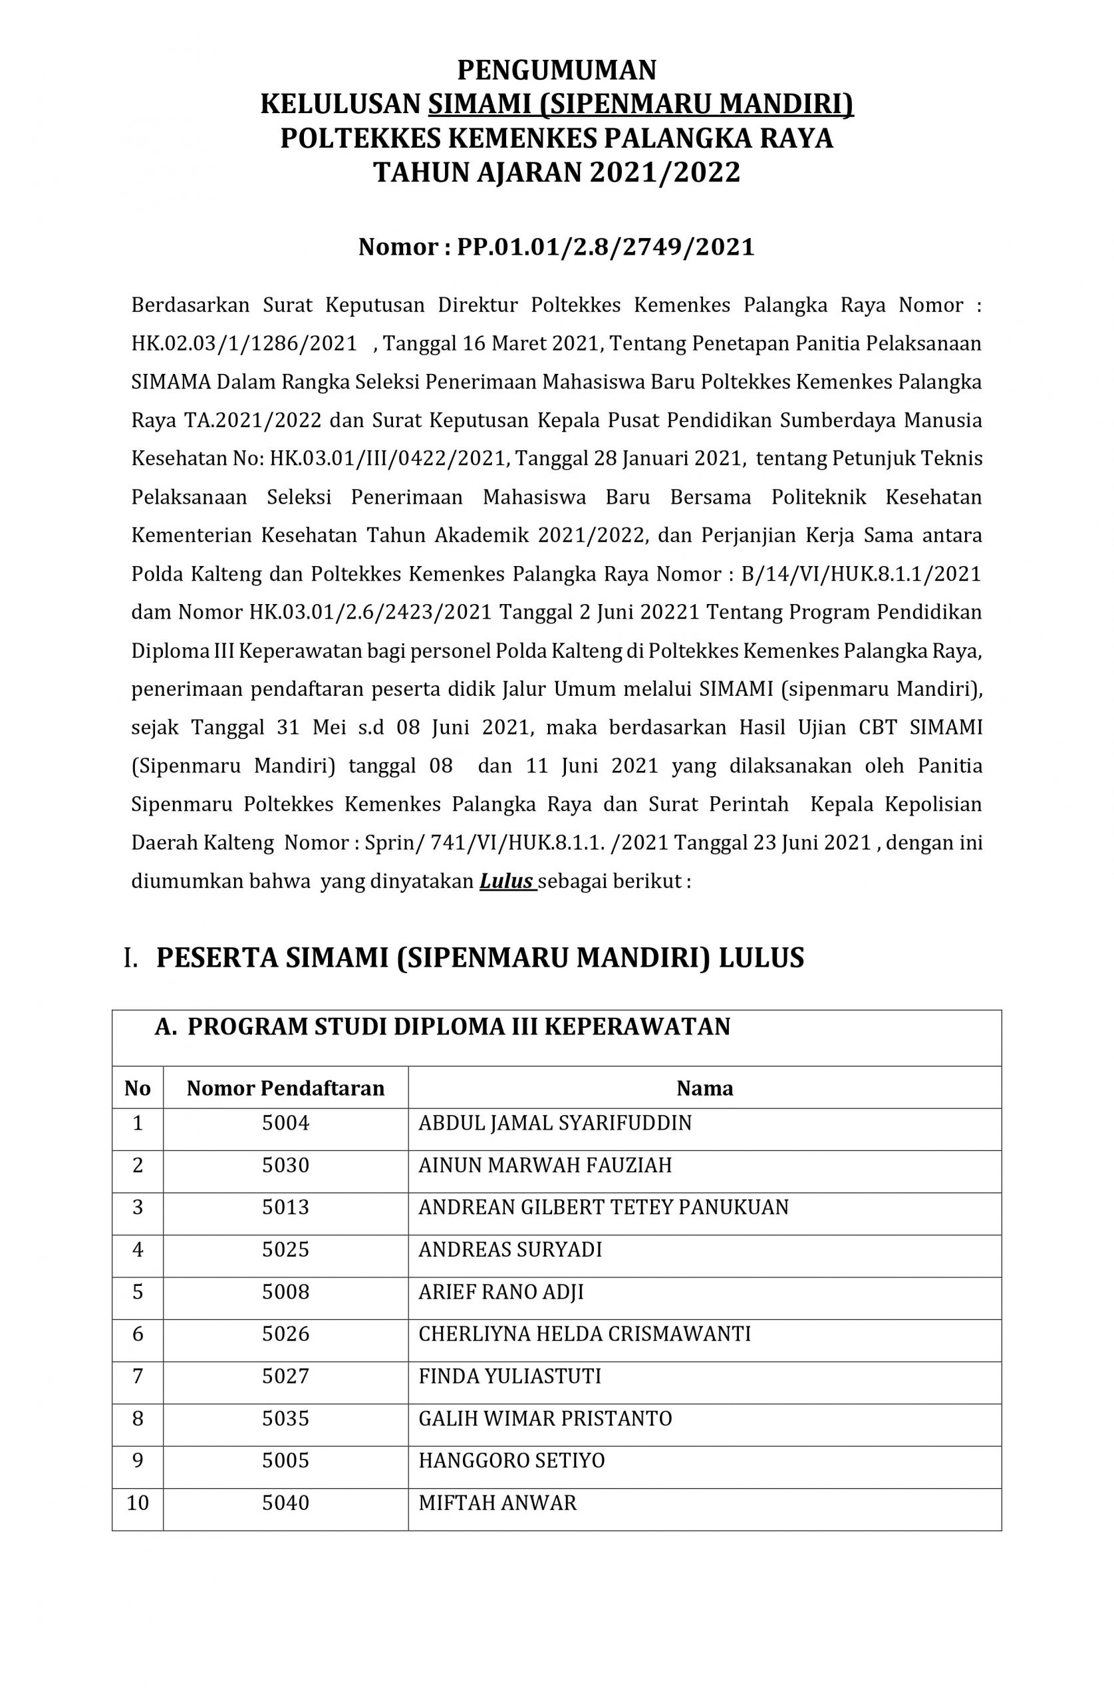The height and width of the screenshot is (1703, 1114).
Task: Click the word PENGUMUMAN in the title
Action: (x=557, y=70)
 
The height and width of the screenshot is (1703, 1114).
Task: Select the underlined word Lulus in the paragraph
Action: (x=507, y=881)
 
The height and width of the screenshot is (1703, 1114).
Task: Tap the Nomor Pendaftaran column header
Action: (x=285, y=1088)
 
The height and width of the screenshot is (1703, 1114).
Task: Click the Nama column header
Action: (x=705, y=1088)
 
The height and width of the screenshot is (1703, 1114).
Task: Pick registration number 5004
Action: (x=285, y=1123)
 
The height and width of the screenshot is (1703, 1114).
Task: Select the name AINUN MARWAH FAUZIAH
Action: (x=545, y=1165)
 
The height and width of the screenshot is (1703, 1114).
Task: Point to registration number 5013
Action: (x=285, y=1207)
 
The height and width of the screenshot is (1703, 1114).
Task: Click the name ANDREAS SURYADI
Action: (x=510, y=1249)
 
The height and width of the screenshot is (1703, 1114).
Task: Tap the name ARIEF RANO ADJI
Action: (x=501, y=1292)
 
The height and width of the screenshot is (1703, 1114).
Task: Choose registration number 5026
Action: (x=285, y=1334)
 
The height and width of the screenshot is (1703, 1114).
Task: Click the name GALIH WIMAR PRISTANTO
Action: (x=545, y=1418)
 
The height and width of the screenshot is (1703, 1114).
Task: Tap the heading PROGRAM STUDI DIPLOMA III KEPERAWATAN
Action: (x=458, y=1027)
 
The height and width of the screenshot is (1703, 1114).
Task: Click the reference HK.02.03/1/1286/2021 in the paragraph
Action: (x=244, y=343)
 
